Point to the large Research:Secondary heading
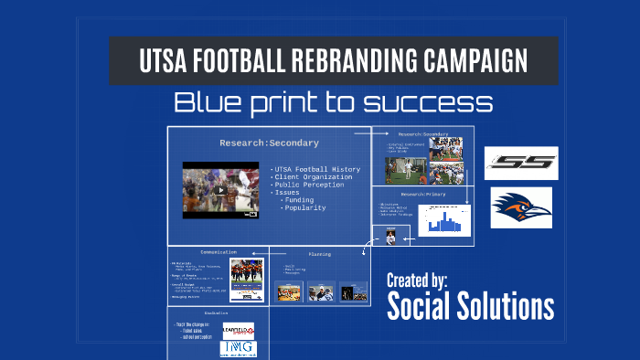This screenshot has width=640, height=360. (269, 143)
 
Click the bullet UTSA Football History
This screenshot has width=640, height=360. (317, 169)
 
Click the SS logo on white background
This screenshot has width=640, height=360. (520, 164)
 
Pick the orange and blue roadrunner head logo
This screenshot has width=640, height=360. (521, 207)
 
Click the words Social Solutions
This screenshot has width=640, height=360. (470, 306)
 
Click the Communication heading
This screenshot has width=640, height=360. (219, 251)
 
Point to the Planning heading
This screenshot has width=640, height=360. (319, 254)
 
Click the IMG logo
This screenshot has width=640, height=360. (239, 348)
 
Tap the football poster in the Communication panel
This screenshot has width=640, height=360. (246, 281)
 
